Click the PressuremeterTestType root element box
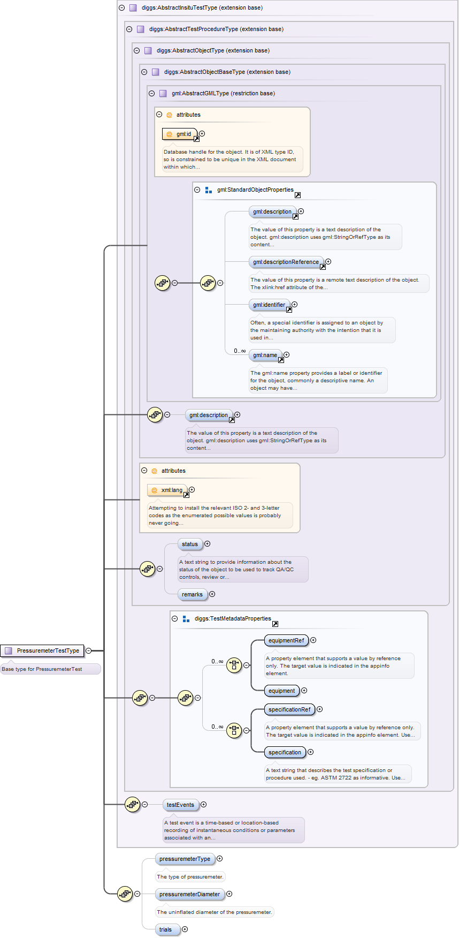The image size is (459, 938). [x=43, y=650]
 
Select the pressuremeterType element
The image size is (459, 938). [x=185, y=859]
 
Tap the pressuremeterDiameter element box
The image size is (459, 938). [x=189, y=894]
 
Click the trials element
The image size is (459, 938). [x=166, y=929]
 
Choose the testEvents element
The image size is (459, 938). [x=180, y=805]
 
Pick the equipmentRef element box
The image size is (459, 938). [x=286, y=640]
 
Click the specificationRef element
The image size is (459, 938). [x=289, y=709]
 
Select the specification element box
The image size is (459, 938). [x=285, y=752]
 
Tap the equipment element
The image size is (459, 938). [x=282, y=691]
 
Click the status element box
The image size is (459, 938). [x=190, y=544]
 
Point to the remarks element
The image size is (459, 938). [x=192, y=594]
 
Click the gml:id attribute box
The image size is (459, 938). [x=180, y=134]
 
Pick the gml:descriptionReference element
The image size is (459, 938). [x=286, y=262]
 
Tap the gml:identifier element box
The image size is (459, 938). [x=270, y=305]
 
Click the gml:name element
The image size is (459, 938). [x=265, y=355]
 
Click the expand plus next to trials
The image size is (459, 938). [x=185, y=929]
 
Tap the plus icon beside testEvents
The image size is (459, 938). [x=204, y=805]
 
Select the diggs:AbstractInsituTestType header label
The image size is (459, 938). [x=202, y=7]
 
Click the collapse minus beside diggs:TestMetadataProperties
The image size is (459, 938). [x=174, y=618]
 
